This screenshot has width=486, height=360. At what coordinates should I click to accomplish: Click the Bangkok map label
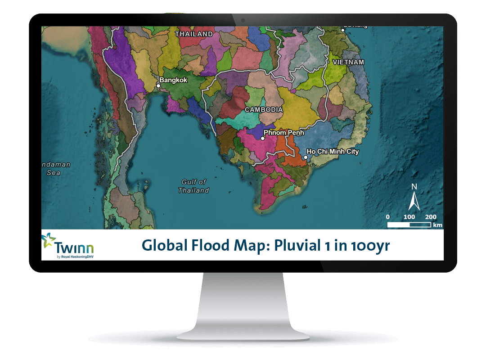[x=173, y=80]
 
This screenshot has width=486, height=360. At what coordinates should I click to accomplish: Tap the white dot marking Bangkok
[x=158, y=85]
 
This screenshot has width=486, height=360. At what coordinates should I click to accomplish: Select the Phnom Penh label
[x=283, y=133]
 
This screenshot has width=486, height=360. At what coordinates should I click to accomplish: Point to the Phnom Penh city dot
[x=263, y=139]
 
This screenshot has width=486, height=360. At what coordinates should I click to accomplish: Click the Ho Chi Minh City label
[x=333, y=152]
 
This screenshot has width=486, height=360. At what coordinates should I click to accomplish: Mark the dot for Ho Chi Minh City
[x=305, y=157]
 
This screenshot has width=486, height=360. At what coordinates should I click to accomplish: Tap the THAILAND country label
[x=194, y=34]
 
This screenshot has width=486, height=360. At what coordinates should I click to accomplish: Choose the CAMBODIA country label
[x=264, y=109]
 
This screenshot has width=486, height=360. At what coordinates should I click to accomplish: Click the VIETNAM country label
[x=348, y=62]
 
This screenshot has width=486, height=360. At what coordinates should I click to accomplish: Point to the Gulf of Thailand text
[x=193, y=186]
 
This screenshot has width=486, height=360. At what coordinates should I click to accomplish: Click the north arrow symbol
[x=414, y=198]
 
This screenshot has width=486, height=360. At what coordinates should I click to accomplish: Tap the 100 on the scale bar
[x=409, y=217]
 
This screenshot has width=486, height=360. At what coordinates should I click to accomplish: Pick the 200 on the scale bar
[x=431, y=217]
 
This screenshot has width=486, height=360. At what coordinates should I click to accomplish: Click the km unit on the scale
[x=437, y=225]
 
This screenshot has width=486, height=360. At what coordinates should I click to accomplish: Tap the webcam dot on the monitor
[x=243, y=20]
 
